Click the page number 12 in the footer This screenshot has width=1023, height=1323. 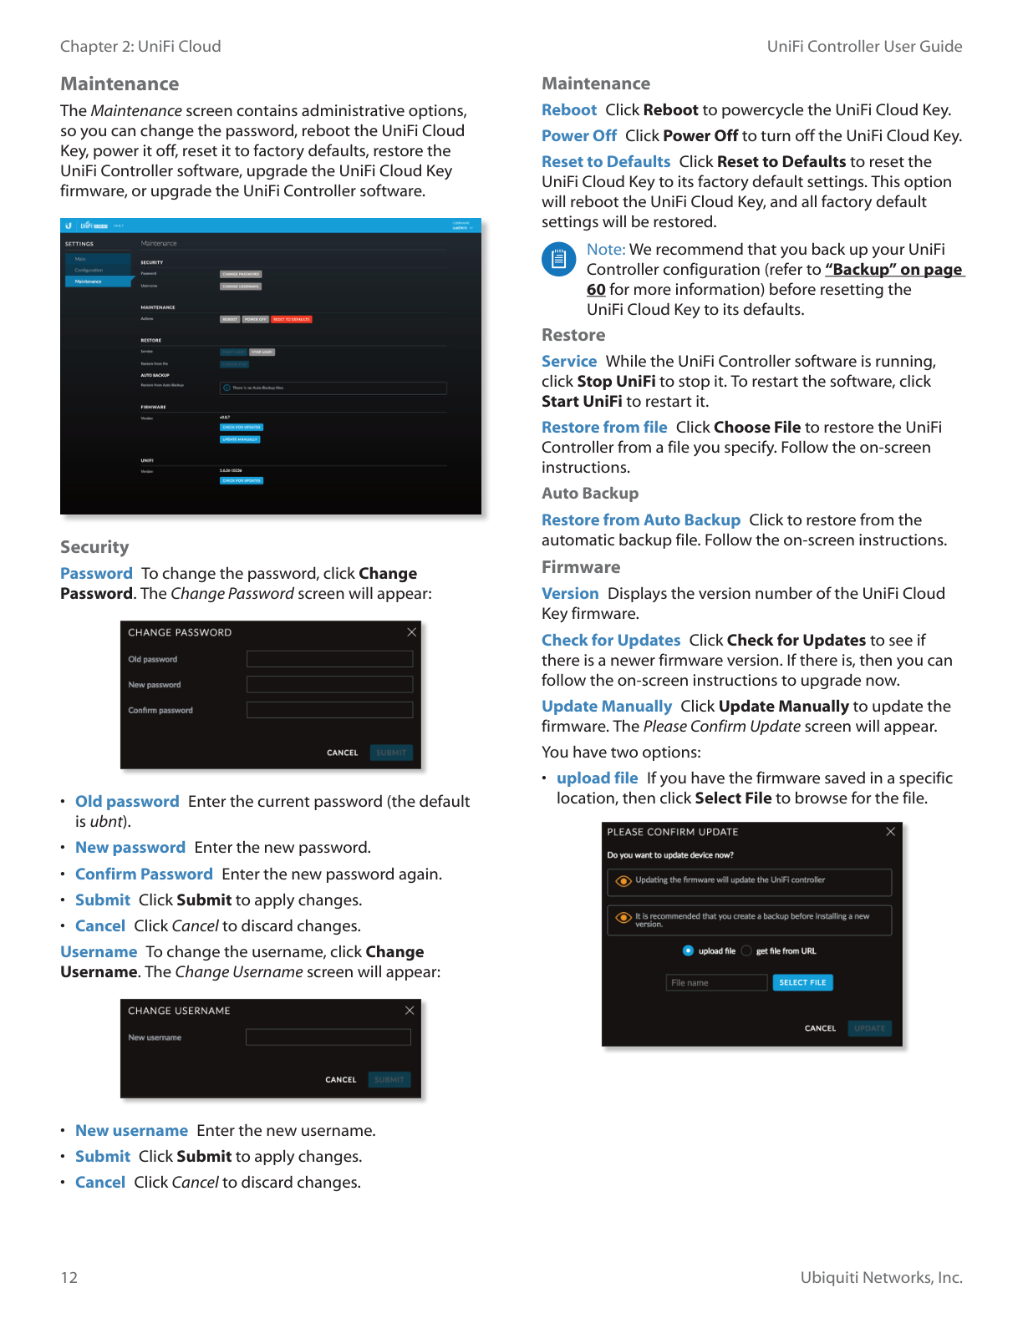pyautogui.click(x=69, y=1277)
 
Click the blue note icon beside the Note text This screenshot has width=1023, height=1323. pyautogui.click(x=558, y=259)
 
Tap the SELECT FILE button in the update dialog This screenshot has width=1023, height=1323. pyautogui.click(x=802, y=982)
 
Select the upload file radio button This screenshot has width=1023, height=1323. pyautogui.click(x=688, y=950)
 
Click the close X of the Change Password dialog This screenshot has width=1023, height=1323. pyautogui.click(x=411, y=632)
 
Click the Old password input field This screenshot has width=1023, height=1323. pyautogui.click(x=329, y=659)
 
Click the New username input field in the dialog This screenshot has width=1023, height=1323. pyautogui.click(x=328, y=1037)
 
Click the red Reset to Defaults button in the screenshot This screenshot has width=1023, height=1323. pyautogui.click(x=291, y=319)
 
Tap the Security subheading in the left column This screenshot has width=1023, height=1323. pyautogui.click(x=94, y=547)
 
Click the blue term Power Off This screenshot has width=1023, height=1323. pyautogui.click(x=579, y=135)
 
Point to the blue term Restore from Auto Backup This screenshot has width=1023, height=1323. pyautogui.click(x=640, y=520)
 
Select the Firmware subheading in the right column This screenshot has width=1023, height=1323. pyautogui.click(x=581, y=567)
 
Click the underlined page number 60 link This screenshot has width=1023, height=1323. pyautogui.click(x=596, y=290)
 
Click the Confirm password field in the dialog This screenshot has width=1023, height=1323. pyautogui.click(x=329, y=710)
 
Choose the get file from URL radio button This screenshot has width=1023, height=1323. pyautogui.click(x=746, y=950)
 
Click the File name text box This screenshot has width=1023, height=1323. pyautogui.click(x=716, y=982)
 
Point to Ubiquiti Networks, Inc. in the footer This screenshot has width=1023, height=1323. pyautogui.click(x=881, y=1277)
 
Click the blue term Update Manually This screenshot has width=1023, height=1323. pyautogui.click(x=606, y=706)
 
